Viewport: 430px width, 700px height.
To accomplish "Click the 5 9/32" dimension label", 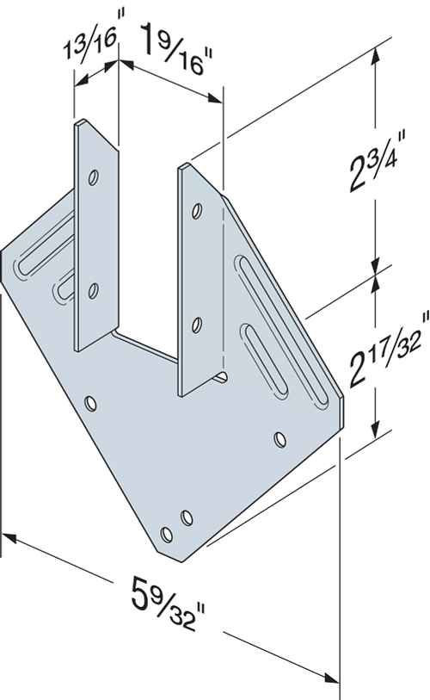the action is click(169, 601).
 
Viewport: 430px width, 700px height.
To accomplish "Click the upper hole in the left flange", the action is click(94, 177).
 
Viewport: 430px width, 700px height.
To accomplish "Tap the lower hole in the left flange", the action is click(93, 291).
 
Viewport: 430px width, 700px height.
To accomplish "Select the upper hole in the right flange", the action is click(196, 210).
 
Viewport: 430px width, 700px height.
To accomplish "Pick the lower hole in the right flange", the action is click(196, 325).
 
